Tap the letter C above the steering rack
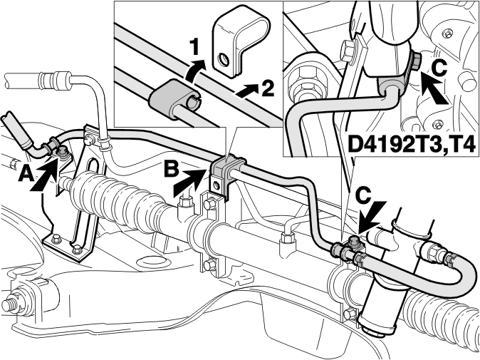tap(365, 196)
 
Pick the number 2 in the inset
tap(266, 89)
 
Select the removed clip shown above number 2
tap(241, 43)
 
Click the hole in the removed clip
tap(224, 60)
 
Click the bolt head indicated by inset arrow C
tap(416, 61)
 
